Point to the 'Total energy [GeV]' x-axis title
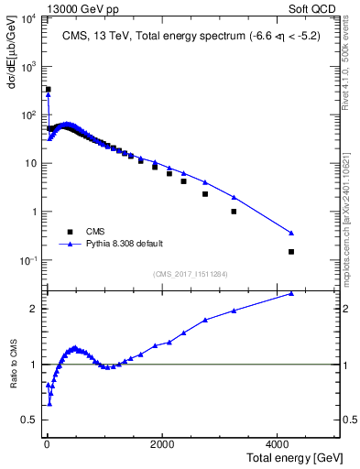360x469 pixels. (296, 456)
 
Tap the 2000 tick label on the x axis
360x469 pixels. (161, 443)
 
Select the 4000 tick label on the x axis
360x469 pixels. (277, 443)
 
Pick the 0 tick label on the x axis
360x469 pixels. (47, 443)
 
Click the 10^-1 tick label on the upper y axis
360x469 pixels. (27, 260)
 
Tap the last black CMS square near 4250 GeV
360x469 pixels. (291, 252)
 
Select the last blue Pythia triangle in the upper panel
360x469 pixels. (291, 233)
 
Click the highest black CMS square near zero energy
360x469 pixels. (48, 90)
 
